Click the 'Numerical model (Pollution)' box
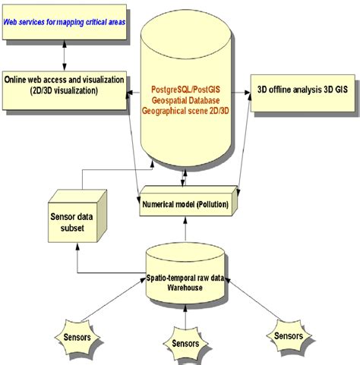point(187,205)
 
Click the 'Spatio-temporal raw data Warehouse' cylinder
point(187,272)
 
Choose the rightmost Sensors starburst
point(292,335)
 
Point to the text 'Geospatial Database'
point(186,90)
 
